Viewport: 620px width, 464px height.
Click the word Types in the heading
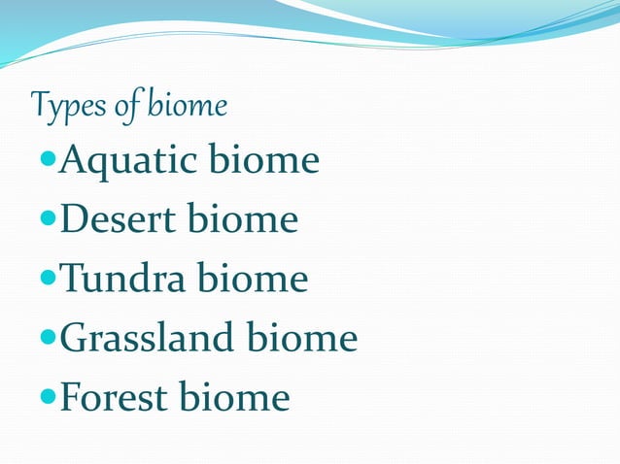pos(67,105)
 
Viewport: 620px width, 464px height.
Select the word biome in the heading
pos(188,105)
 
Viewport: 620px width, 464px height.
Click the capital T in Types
pos(41,104)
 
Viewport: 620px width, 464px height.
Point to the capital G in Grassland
pos(72,339)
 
